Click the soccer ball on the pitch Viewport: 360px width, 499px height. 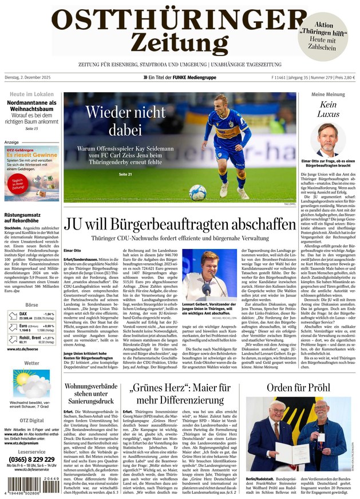(197, 193)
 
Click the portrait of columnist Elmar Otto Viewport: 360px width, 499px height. (327, 141)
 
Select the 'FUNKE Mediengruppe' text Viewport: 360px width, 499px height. (195, 77)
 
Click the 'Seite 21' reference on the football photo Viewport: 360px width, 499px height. (125, 173)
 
